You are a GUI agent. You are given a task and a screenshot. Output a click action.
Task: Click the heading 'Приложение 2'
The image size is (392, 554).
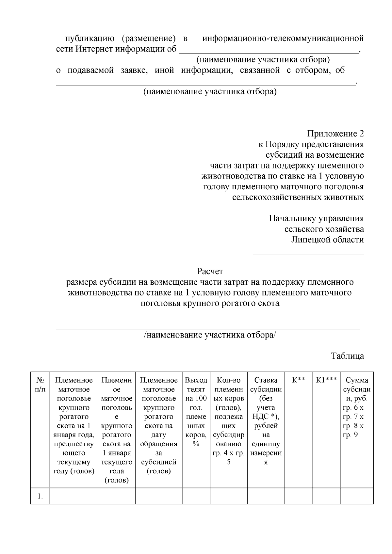tap(335, 134)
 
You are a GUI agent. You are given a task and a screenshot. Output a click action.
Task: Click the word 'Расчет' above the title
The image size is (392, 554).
tap(210, 271)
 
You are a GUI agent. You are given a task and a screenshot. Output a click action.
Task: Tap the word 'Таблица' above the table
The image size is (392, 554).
tap(347, 356)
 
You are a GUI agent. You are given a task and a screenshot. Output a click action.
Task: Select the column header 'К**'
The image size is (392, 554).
tap(298, 380)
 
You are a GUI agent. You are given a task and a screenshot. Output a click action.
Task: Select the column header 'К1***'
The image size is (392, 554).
tap(326, 380)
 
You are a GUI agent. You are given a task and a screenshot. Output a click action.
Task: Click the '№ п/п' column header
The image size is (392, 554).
tap(40, 385)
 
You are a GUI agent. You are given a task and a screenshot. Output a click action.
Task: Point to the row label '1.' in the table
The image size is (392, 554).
tap(40, 497)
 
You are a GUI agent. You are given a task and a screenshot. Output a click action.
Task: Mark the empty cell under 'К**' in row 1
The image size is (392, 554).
tap(298, 496)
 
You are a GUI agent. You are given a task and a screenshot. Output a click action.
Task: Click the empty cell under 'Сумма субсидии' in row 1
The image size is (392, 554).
tap(357, 496)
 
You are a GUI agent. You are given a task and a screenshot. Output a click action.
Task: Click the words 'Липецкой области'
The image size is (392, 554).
tap(327, 240)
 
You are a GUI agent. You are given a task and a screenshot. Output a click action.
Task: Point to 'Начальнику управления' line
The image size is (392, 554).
tap(316, 218)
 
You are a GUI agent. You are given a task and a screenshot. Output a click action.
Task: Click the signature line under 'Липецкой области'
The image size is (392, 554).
tap(308, 255)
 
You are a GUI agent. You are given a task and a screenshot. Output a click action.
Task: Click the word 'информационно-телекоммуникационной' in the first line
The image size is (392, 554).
tap(283, 39)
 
